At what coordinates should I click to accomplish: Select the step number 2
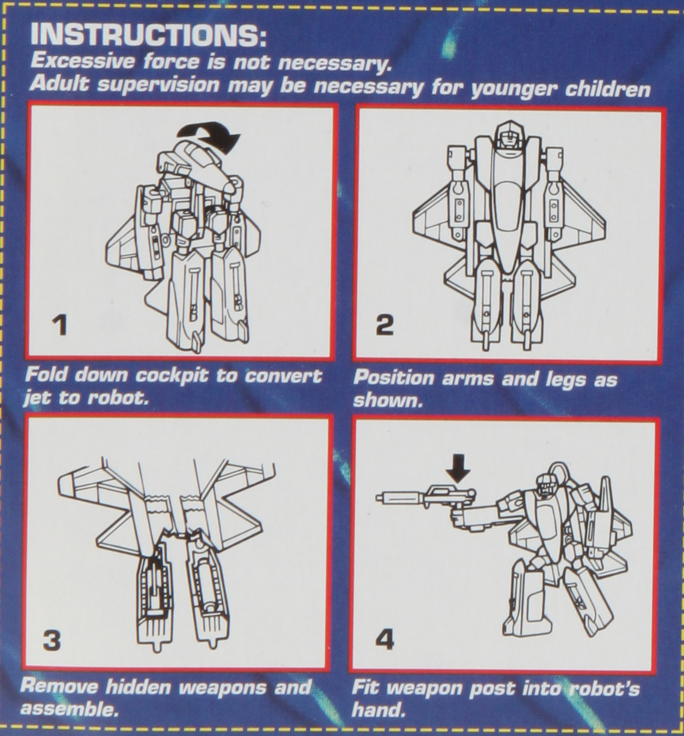tap(385, 324)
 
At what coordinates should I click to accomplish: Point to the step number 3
tap(52, 641)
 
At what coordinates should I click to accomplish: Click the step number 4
tap(385, 640)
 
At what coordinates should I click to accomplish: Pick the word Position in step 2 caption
tap(394, 378)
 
